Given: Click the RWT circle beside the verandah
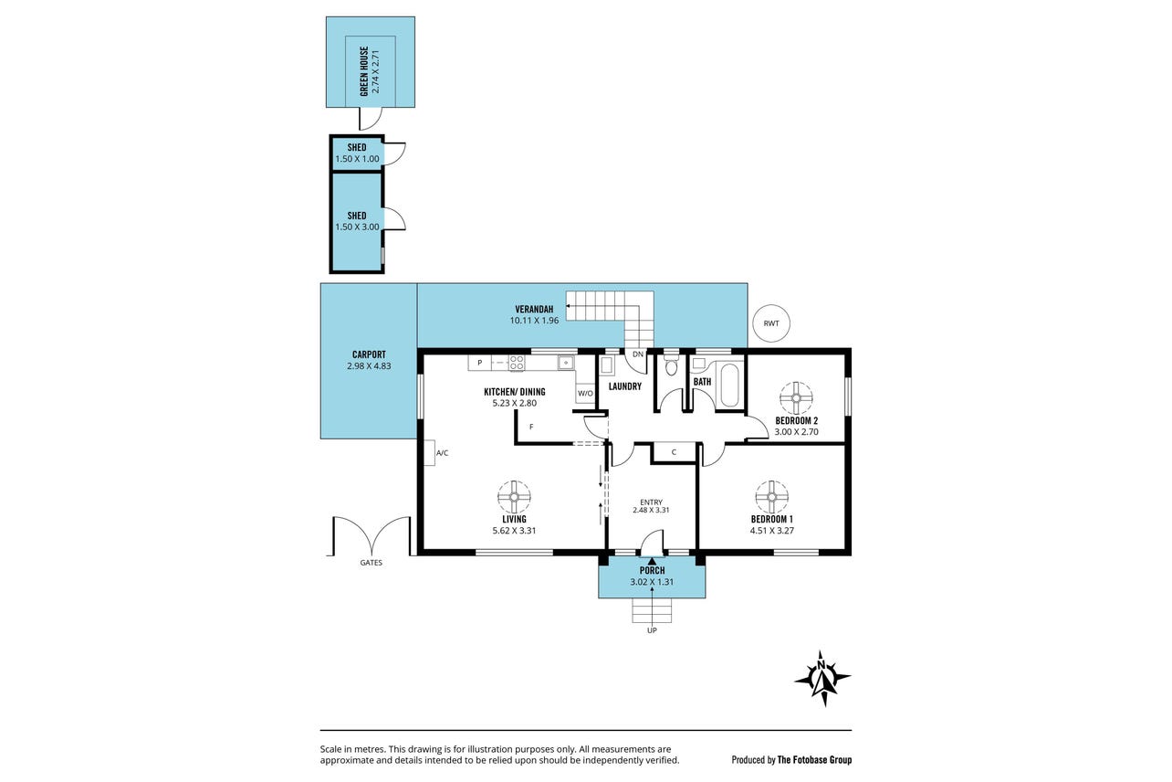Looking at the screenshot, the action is click(770, 323).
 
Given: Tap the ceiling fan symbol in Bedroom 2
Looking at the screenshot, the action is click(796, 397).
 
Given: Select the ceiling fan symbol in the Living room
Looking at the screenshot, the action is click(514, 497).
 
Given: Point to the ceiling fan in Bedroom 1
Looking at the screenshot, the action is click(771, 497).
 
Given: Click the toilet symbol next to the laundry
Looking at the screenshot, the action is click(671, 365).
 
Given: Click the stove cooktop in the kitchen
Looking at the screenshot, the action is click(517, 363).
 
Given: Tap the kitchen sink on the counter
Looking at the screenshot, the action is click(566, 363).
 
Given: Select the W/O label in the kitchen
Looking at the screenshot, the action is click(585, 394).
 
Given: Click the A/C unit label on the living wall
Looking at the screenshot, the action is click(442, 453).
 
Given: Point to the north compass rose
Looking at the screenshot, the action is click(822, 678).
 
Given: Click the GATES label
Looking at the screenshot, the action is click(371, 563).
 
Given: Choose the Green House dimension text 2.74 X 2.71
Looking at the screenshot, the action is click(375, 72).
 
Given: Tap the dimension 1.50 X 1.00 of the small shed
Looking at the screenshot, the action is click(357, 159).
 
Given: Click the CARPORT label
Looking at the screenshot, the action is click(369, 354).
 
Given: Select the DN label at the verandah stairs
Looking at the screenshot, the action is click(638, 354).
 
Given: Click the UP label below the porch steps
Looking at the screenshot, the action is click(652, 630).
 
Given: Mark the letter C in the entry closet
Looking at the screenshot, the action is click(674, 452).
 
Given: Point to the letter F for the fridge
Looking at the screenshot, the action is click(531, 427).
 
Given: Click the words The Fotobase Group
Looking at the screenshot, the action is click(814, 759).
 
